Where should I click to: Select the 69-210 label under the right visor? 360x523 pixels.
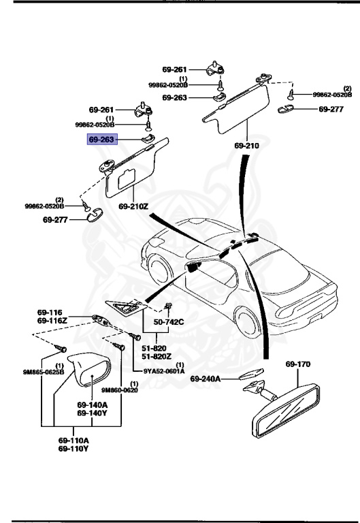coord(247,146)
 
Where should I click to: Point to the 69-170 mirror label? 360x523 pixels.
coord(297,364)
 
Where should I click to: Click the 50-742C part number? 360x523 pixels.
coord(168,321)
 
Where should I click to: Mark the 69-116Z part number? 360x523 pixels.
coord(52,319)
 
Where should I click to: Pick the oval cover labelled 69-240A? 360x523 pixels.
coord(249,373)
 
